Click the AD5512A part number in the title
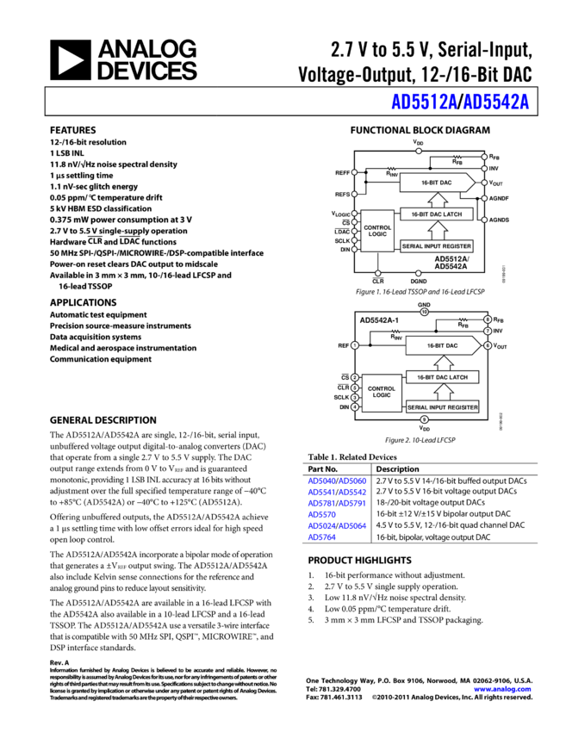tap(423, 102)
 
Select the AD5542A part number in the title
tap(496, 102)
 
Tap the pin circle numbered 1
tap(354, 345)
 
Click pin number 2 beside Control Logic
tap(354, 377)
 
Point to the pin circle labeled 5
tap(354, 388)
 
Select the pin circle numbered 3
tap(354, 397)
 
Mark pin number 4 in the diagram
tap(354, 407)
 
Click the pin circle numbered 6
tap(488, 345)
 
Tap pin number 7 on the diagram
tap(488, 331)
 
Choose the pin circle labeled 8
tap(488, 319)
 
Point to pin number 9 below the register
tap(424, 419)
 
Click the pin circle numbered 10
tap(424, 312)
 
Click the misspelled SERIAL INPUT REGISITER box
tap(442, 406)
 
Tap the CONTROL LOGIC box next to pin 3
tap(382, 393)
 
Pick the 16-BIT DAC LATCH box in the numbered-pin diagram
tap(442, 377)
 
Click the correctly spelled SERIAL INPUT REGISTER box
tap(437, 246)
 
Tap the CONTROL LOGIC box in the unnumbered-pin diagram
tap(377, 231)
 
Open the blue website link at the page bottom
tap(502, 689)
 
